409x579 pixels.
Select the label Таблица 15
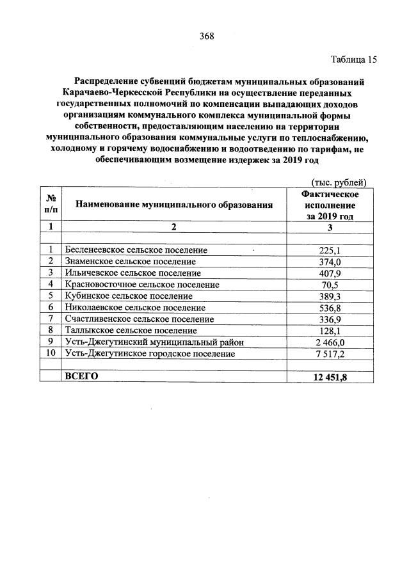coord(354,60)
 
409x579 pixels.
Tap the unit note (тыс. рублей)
coord(338,183)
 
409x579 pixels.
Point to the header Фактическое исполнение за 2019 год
coord(329,205)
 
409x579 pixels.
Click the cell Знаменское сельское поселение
coord(131,262)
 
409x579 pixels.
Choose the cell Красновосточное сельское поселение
coord(142,285)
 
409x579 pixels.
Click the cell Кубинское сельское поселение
coord(129,296)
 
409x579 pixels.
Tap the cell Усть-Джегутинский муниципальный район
coord(154,342)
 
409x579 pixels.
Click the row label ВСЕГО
coord(81,376)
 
